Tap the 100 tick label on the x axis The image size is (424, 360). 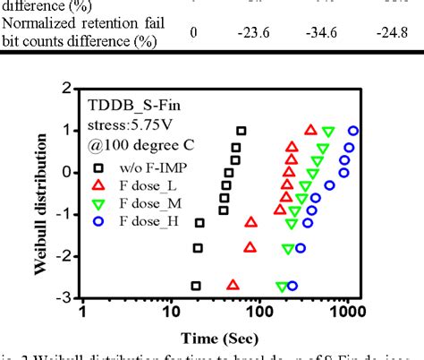tap(259, 313)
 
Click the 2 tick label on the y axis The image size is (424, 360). tap(67, 88)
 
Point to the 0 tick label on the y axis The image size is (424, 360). tap(67, 172)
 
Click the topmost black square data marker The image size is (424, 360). tap(241, 131)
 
